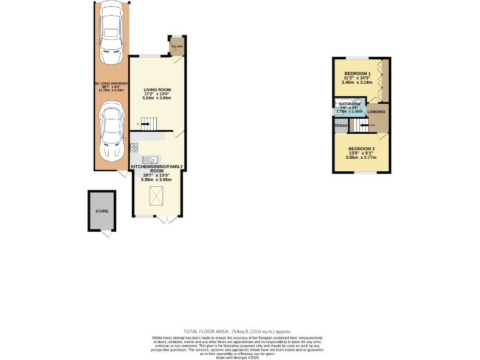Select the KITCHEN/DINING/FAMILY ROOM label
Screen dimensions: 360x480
click(156, 168)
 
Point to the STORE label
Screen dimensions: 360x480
click(102, 211)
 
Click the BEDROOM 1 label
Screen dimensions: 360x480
click(357, 73)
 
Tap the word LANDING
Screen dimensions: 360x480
click(376, 111)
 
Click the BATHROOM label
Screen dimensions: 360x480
click(350, 104)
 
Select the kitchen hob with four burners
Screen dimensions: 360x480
click(134, 147)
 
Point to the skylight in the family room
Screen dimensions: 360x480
click(156, 197)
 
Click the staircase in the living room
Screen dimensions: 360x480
click(146, 124)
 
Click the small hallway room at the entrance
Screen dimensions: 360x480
click(177, 48)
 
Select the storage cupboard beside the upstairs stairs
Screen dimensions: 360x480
click(341, 126)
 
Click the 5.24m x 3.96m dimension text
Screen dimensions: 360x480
click(157, 98)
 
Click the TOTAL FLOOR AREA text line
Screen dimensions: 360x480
click(237, 331)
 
